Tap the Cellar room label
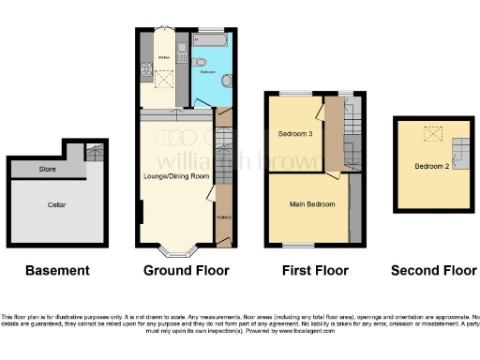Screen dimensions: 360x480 pyautogui.click(x=57, y=203)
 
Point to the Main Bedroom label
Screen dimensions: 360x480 pyautogui.click(x=311, y=203)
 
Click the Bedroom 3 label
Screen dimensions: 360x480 pyautogui.click(x=295, y=133)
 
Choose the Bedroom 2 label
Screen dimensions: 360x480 pyautogui.click(x=430, y=166)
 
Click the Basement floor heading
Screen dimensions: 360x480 pyautogui.click(x=57, y=270)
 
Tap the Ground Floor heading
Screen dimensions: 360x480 pyautogui.click(x=186, y=270)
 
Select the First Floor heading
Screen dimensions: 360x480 pyautogui.click(x=315, y=270)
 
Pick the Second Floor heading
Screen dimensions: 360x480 pyautogui.click(x=434, y=270)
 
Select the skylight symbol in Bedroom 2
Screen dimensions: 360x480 pyautogui.click(x=432, y=135)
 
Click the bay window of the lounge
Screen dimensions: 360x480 pyautogui.click(x=174, y=250)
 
